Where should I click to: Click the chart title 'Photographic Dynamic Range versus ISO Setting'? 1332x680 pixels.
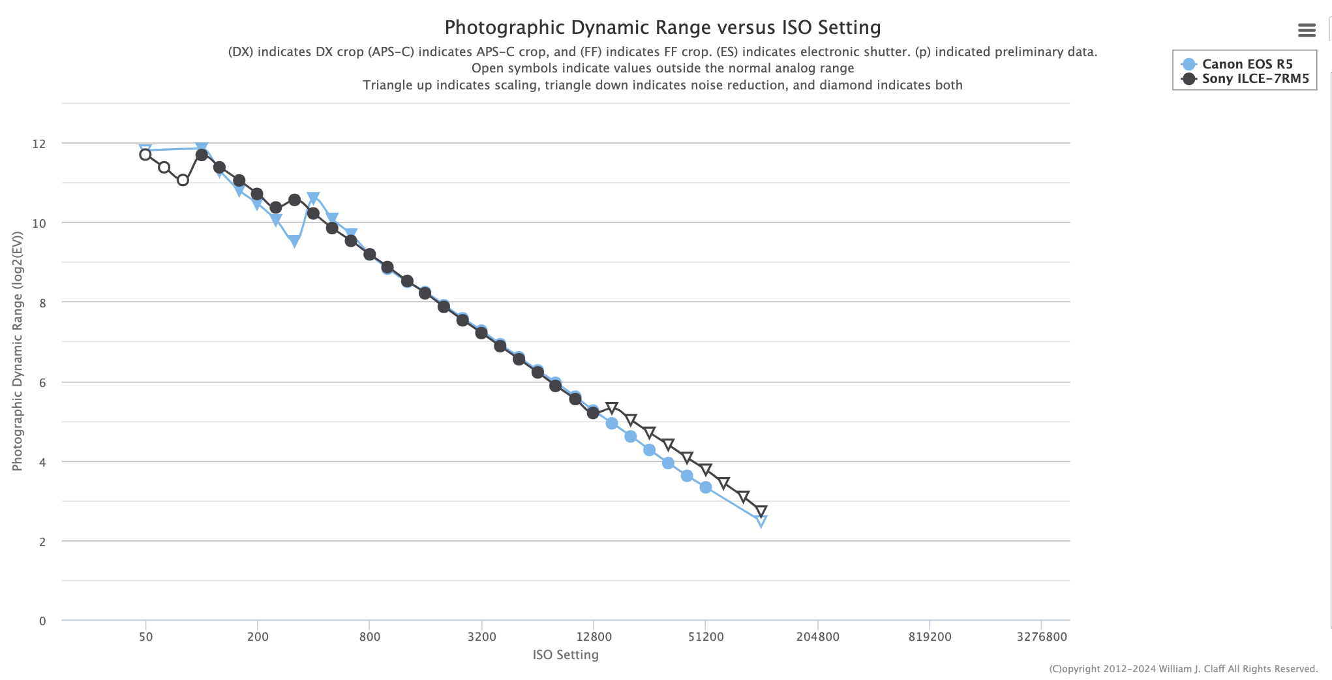pos(662,27)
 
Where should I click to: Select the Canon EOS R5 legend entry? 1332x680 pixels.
pos(1237,64)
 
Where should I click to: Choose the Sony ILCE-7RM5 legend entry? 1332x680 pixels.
pos(1245,79)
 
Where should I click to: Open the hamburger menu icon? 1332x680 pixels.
pos(1307,30)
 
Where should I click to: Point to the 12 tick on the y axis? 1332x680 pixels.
pos(39,144)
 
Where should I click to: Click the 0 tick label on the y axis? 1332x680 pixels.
pos(42,621)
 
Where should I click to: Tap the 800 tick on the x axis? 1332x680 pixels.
pos(369,637)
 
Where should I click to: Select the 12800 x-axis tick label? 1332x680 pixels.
pos(594,637)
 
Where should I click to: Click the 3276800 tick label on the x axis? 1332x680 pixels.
pos(1042,637)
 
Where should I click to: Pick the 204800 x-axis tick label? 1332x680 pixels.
pos(817,637)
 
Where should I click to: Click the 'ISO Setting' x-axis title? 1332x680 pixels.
pos(566,655)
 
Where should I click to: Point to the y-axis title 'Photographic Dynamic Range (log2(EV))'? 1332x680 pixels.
pos(18,352)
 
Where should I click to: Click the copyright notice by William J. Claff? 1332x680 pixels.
pos(1183,669)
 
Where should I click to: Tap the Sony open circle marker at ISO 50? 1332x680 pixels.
pos(145,155)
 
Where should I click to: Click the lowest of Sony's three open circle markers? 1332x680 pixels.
pos(183,180)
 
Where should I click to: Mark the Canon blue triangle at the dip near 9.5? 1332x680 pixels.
pos(294,241)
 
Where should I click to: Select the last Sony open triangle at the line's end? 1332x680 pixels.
pos(761,511)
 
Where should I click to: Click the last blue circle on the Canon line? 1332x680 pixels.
pos(705,487)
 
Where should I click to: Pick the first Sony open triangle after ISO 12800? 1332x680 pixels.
pos(611,409)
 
